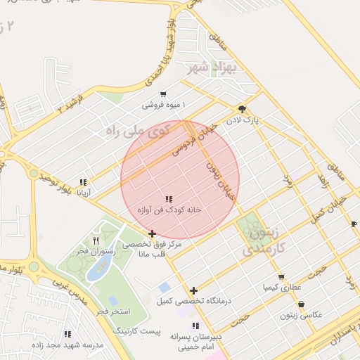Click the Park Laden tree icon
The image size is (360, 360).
tap(243, 108)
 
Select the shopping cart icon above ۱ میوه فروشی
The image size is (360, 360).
tap(163, 94)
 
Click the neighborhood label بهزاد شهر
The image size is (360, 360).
tap(205, 69)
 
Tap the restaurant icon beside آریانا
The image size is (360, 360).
tap(84, 181)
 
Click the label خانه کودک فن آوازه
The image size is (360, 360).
tap(169, 210)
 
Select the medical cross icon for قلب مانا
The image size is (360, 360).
tap(153, 233)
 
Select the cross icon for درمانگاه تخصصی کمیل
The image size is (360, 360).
tap(193, 290)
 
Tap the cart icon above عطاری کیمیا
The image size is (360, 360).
tap(281, 277)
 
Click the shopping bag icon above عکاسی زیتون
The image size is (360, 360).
tap(302, 304)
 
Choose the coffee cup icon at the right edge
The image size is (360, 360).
tap(354, 224)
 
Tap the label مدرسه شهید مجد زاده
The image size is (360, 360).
tap(68, 345)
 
